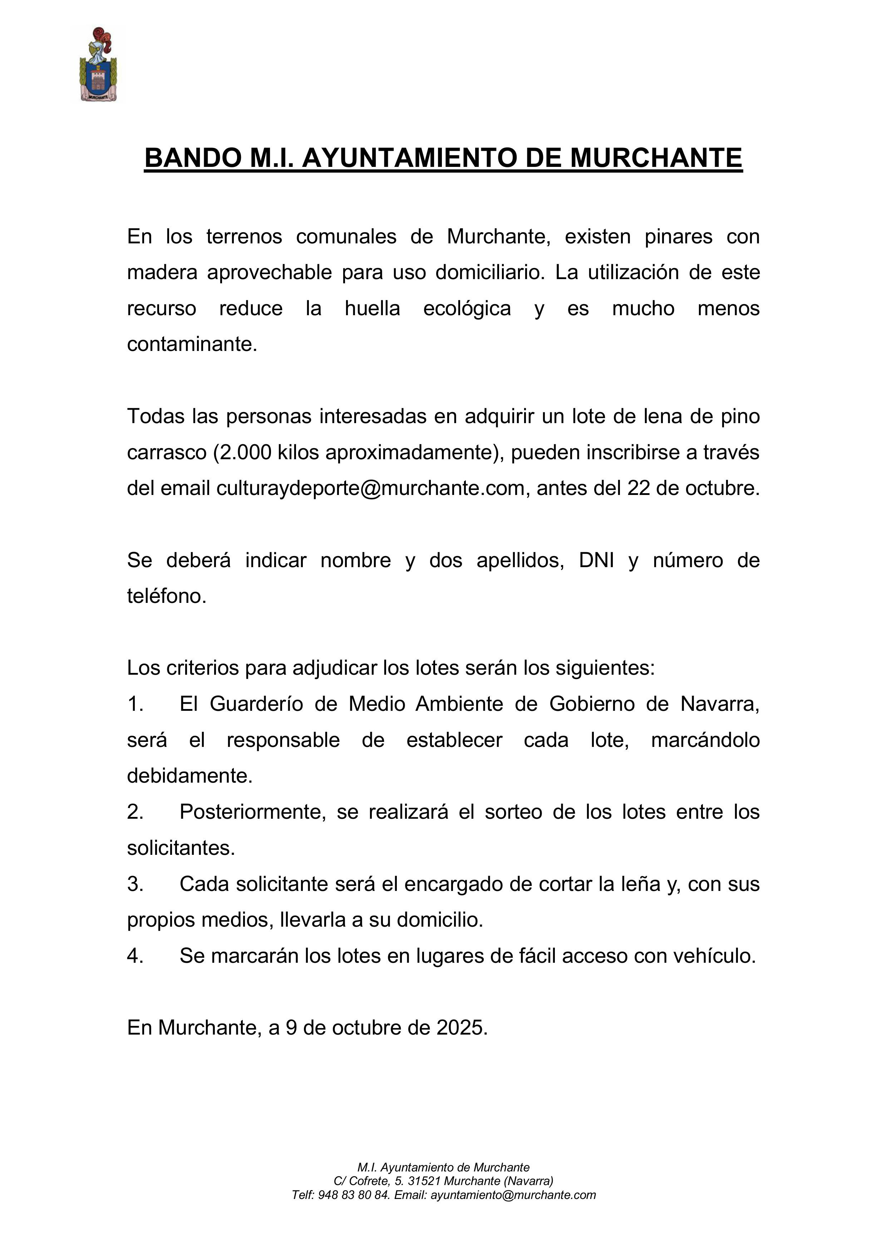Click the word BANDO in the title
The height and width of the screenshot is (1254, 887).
[192, 158]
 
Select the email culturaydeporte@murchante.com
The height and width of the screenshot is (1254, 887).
[370, 488]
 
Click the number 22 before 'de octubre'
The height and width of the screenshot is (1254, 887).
[638, 488]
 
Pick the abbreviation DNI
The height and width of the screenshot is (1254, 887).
[597, 560]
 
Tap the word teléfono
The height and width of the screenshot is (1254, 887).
[166, 596]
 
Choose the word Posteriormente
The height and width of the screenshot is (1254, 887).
[252, 812]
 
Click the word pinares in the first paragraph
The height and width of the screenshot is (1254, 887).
[678, 237]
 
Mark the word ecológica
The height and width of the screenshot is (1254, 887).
[467, 308]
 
